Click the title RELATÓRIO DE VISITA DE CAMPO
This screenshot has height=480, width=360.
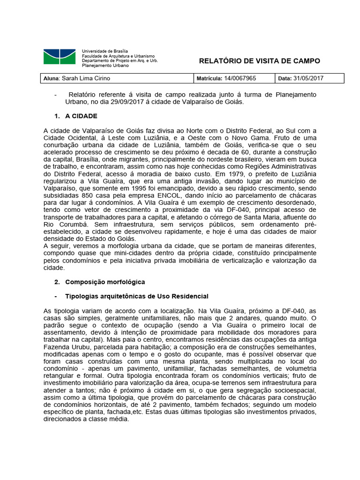pos(259,61)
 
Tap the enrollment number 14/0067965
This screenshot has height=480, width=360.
pos(240,78)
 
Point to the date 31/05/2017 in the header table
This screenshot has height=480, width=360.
pos(309,78)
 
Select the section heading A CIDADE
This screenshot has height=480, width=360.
pos(81,116)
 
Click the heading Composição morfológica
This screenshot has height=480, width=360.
pos(105,282)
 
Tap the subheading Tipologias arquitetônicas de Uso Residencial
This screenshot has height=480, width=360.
pos(136,296)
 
